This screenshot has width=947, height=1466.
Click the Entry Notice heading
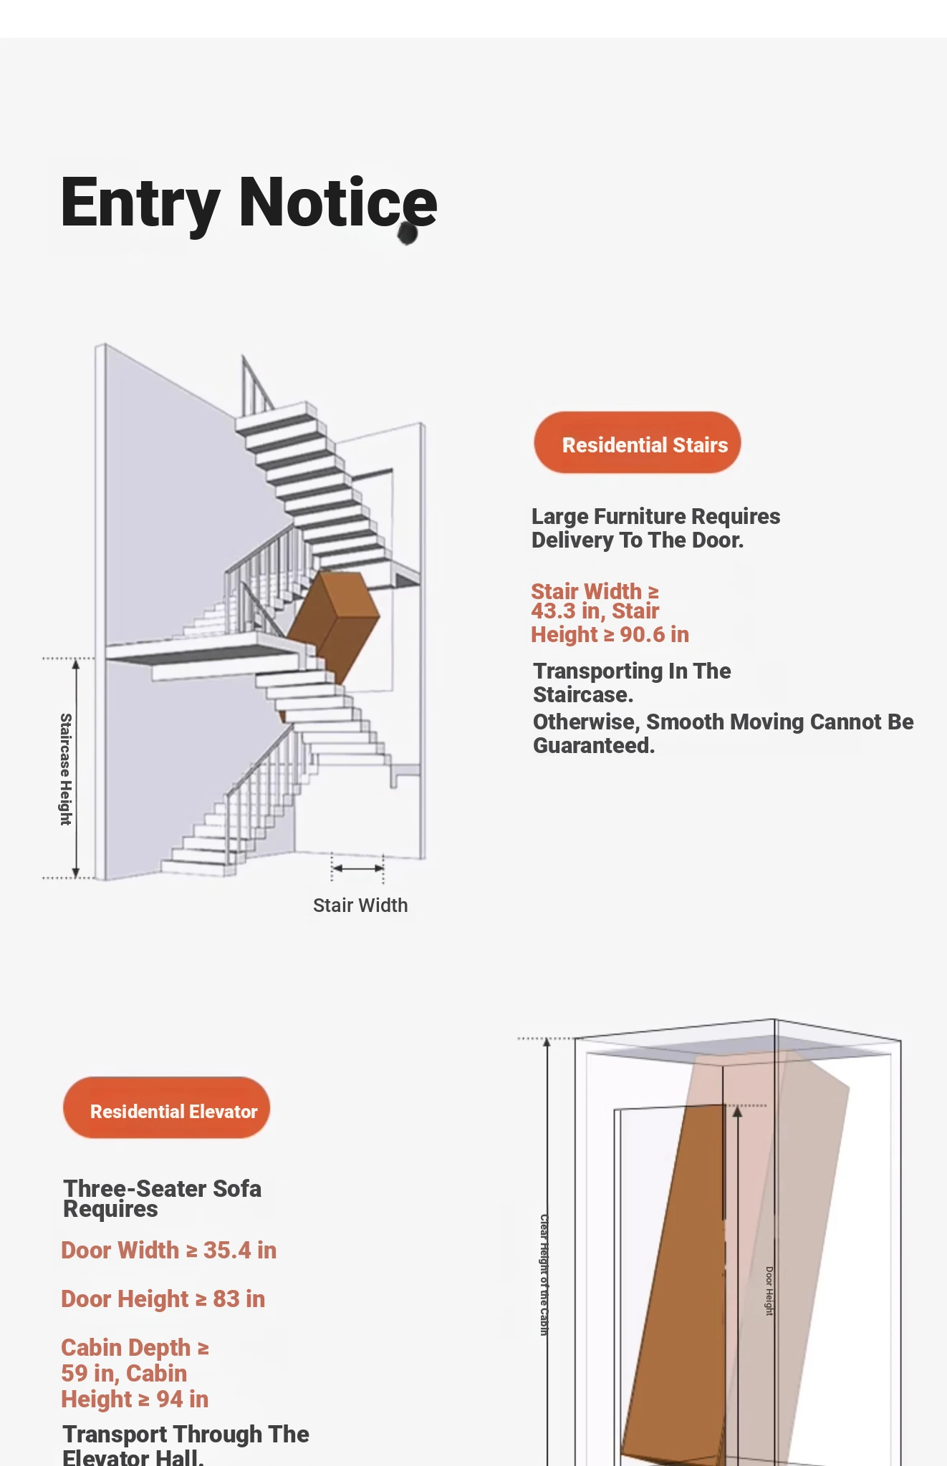point(249,203)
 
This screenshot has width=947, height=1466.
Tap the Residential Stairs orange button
point(638,443)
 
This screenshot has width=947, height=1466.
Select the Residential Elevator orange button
point(166,1108)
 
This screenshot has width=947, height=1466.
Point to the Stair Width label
point(360,906)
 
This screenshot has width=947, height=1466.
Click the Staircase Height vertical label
point(66,769)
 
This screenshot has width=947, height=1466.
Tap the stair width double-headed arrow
point(358,868)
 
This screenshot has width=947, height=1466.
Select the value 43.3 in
point(565,611)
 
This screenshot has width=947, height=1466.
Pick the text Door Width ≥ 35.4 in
point(169,1251)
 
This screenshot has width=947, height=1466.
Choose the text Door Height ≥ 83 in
point(163,1299)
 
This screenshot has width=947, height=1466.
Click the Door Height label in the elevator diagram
point(769,1291)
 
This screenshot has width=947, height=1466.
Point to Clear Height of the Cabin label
point(544,1274)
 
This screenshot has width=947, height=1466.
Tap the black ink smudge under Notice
point(408,233)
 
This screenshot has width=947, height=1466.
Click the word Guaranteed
point(594,746)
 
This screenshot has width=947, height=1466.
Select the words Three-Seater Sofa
point(163,1189)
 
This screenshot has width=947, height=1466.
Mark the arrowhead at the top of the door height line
point(737,1112)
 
